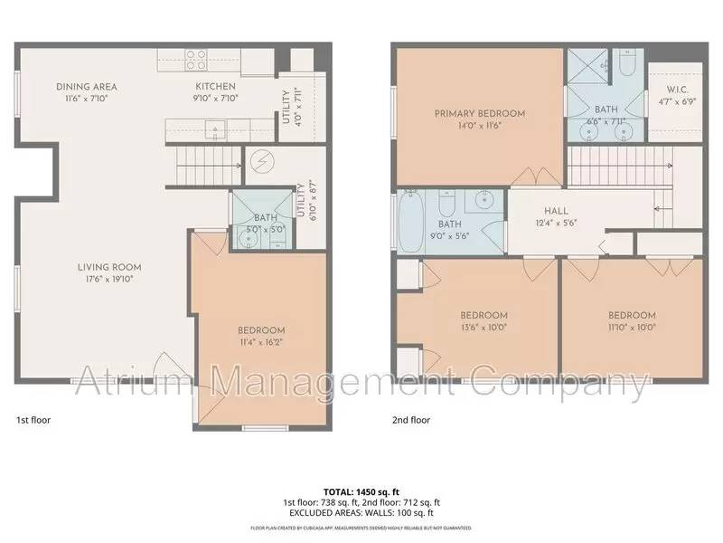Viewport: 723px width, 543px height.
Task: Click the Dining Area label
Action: [87, 87]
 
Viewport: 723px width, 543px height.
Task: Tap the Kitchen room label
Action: [217, 87]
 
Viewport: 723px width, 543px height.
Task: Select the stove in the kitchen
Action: [197, 60]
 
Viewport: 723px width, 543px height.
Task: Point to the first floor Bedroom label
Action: [261, 330]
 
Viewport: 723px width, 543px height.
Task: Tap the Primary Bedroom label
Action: [479, 113]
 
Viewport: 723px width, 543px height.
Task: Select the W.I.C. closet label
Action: [678, 89]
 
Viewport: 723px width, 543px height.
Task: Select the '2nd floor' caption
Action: [411, 420]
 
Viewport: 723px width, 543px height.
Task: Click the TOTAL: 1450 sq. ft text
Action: [361, 491]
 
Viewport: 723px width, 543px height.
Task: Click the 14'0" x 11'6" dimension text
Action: [479, 126]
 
